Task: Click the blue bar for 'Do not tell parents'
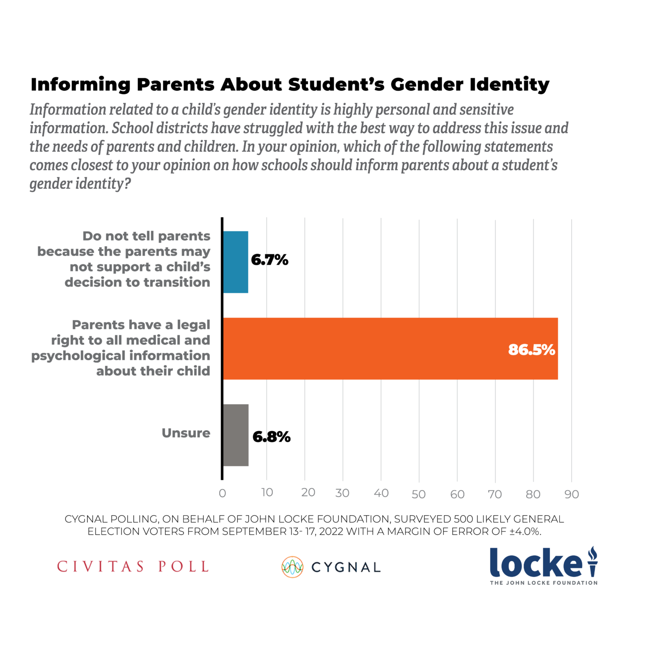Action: (236, 262)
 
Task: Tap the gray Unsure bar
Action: (236, 435)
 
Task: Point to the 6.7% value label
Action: (270, 260)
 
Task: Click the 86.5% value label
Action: (531, 350)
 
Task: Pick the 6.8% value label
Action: (271, 437)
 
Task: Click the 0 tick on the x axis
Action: (222, 493)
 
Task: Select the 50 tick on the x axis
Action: (418, 494)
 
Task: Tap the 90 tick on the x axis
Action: (572, 494)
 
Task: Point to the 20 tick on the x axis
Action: (308, 492)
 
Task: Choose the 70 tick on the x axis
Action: (495, 494)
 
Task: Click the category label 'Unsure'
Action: (186, 433)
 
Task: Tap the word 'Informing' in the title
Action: (80, 85)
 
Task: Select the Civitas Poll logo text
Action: (133, 567)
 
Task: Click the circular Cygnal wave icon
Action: (292, 567)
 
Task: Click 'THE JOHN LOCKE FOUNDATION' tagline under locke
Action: (543, 583)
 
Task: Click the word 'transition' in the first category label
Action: (176, 282)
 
